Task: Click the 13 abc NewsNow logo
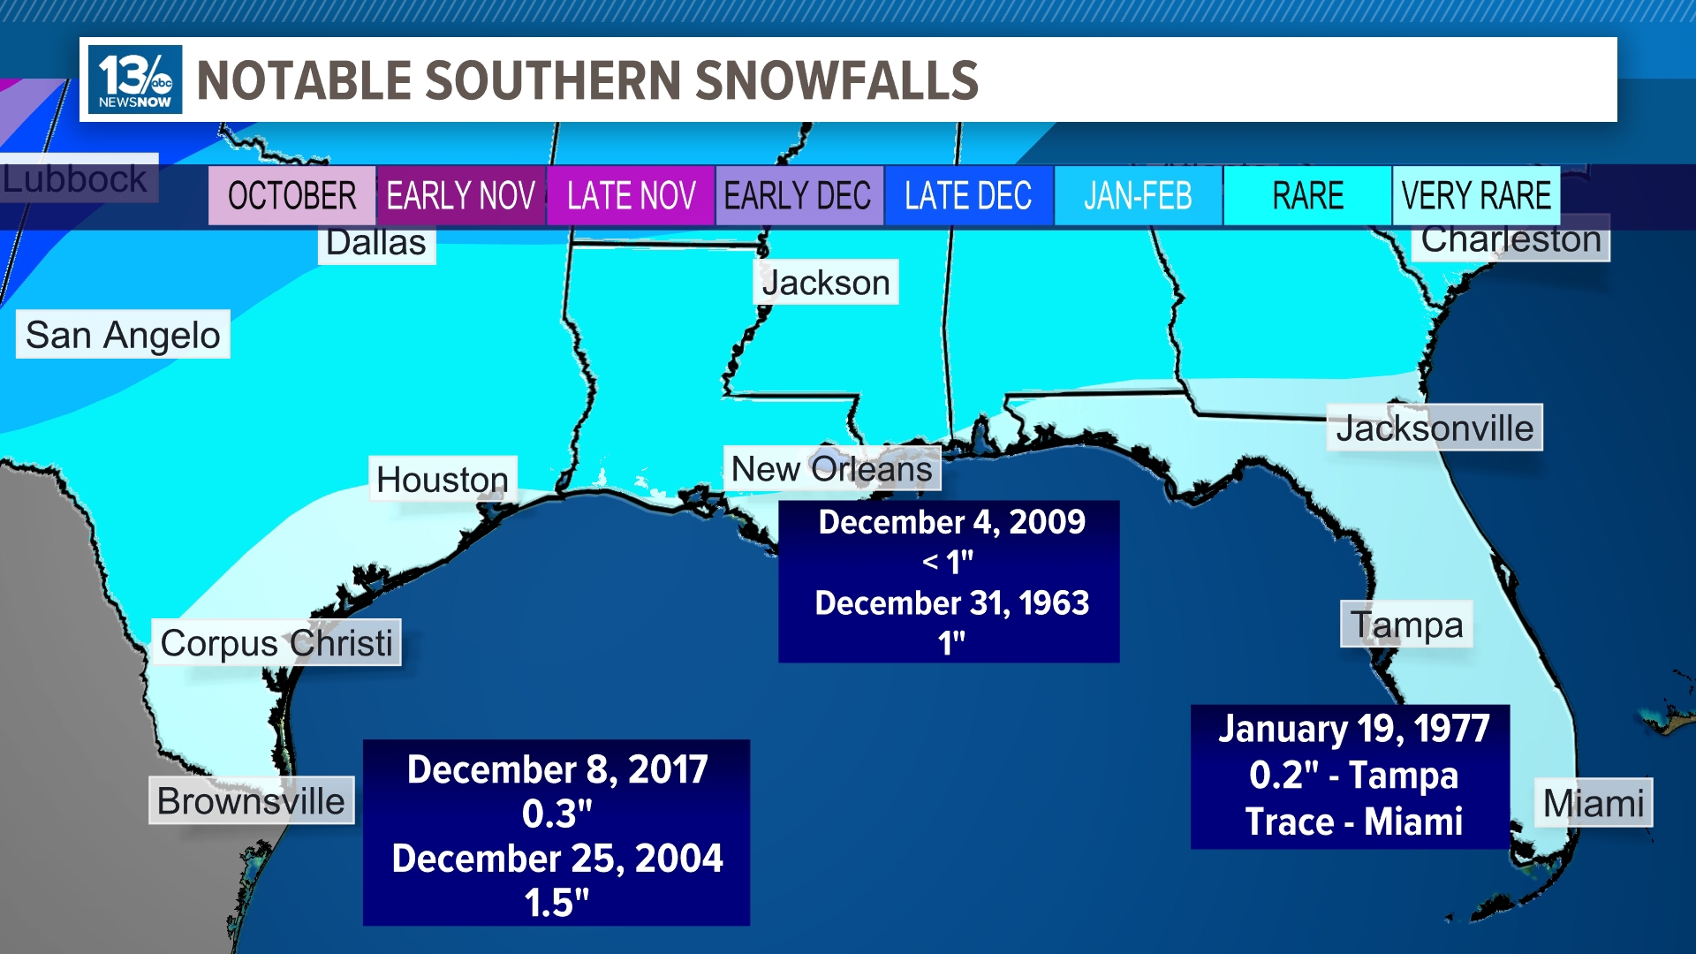point(135,79)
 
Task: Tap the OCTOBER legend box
point(291,195)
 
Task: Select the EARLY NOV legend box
point(460,195)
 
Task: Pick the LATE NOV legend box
point(631,195)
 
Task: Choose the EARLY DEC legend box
point(799,195)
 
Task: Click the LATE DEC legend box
point(968,195)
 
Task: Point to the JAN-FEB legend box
point(1138,195)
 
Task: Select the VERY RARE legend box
point(1476,195)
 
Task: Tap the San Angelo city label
point(123,335)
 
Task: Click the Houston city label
point(443,480)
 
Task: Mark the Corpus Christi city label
point(276,643)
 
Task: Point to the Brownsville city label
point(251,801)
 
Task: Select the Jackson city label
point(826,283)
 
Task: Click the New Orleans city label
point(832,469)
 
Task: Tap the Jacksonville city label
point(1435,428)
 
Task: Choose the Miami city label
point(1594,803)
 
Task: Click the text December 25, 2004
point(557,859)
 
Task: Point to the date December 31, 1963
point(951,603)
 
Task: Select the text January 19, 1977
point(1353,730)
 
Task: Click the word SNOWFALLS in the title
point(837,80)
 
